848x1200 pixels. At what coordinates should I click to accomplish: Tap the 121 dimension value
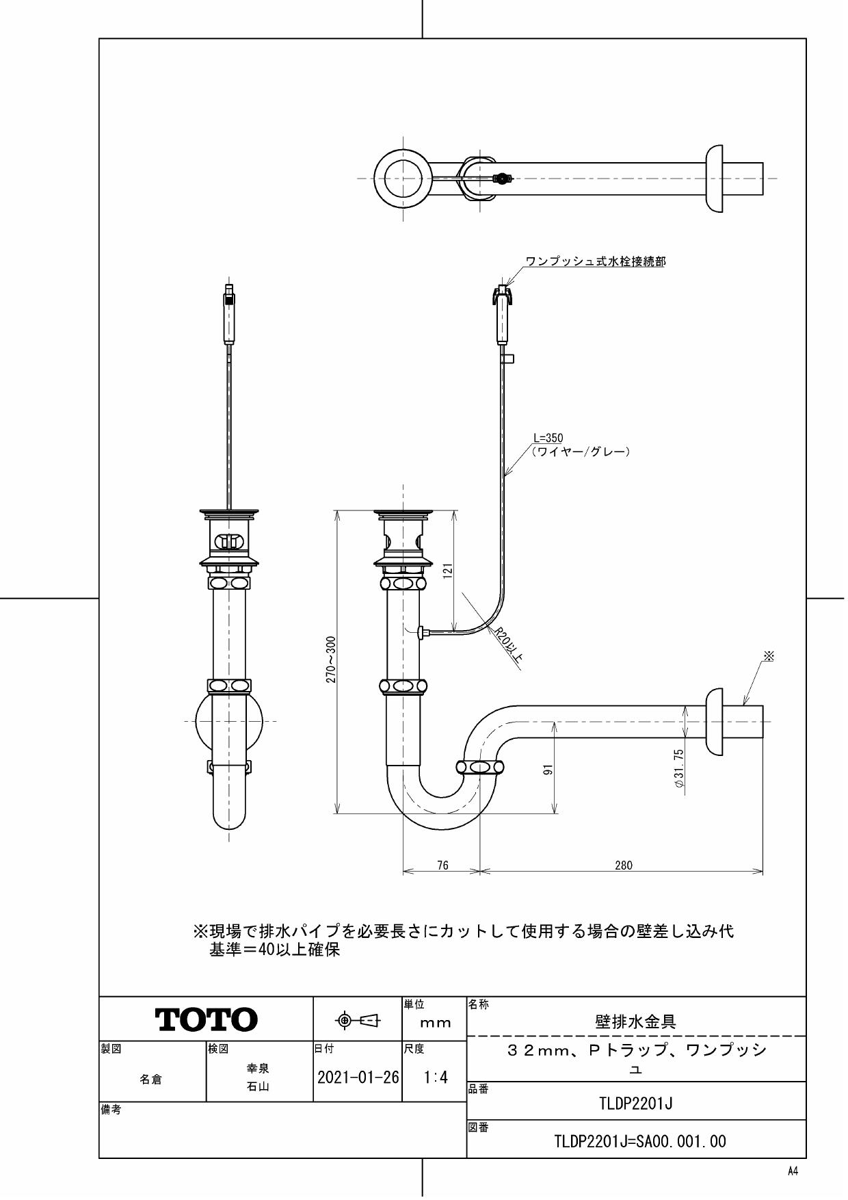(x=448, y=571)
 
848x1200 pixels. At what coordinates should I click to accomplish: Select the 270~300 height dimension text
(x=331, y=660)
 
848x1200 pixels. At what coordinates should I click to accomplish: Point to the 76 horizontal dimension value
(x=442, y=865)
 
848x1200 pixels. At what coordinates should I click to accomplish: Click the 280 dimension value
(x=623, y=865)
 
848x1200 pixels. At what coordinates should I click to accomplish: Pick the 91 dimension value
(x=548, y=770)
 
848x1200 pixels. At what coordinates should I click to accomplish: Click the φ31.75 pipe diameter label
(x=678, y=768)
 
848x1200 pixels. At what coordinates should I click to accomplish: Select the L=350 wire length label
(x=548, y=439)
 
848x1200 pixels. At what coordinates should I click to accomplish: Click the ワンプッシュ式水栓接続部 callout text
(x=595, y=261)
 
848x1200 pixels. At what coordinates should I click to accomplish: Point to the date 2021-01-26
(x=358, y=1078)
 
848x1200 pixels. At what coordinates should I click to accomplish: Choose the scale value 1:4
(x=436, y=1078)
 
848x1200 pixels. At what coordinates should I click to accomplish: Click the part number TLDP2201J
(x=636, y=1103)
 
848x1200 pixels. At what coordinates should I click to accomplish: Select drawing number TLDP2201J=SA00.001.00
(x=639, y=1141)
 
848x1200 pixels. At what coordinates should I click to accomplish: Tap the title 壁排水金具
(x=636, y=1022)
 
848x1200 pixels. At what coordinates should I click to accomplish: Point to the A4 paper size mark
(x=793, y=1171)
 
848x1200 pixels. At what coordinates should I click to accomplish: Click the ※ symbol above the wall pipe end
(x=769, y=656)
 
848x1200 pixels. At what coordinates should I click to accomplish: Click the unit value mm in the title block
(x=436, y=1023)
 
